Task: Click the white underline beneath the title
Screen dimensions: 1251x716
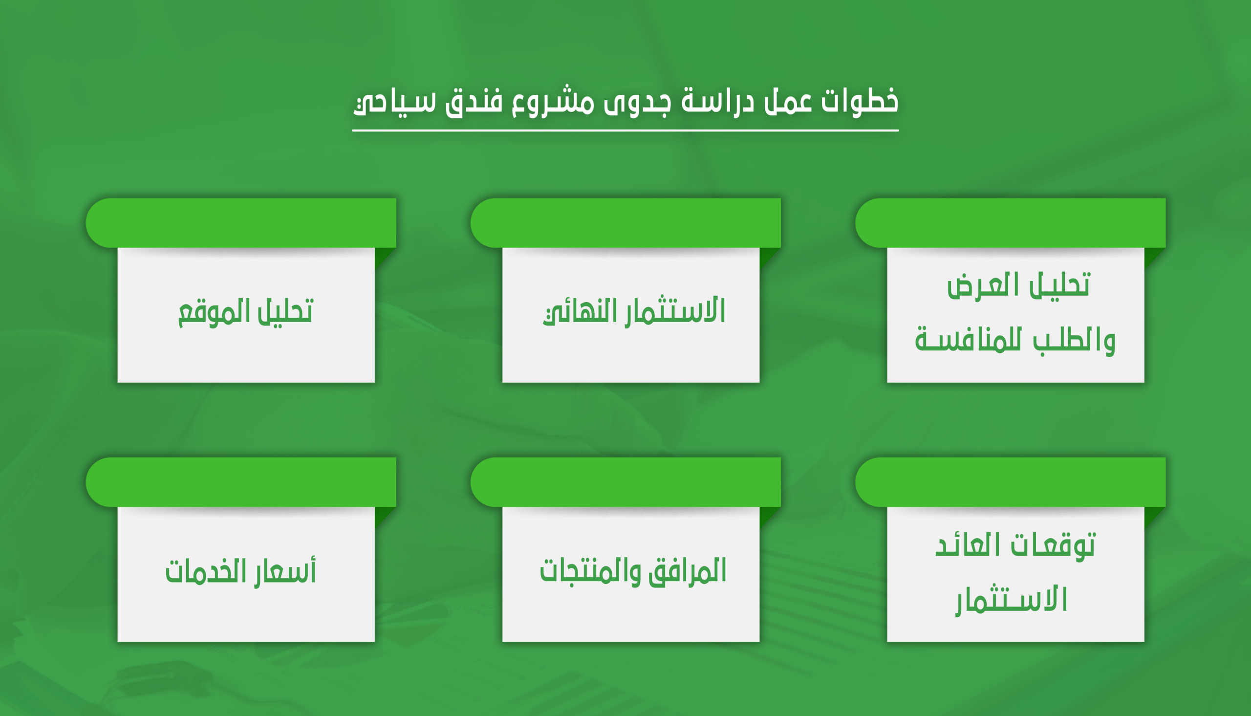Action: pos(625,131)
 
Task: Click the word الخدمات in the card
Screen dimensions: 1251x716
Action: pos(206,571)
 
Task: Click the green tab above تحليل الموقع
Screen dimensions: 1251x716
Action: pos(241,223)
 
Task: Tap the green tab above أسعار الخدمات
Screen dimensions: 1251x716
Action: pos(241,482)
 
